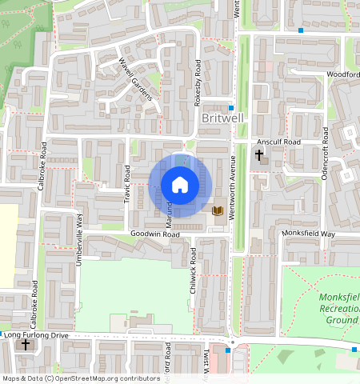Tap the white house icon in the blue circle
click(180, 185)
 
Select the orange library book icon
click(217, 210)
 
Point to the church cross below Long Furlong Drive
click(26, 345)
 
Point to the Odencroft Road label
click(326, 158)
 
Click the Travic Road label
click(127, 184)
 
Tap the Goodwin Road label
click(155, 235)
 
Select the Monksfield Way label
click(308, 233)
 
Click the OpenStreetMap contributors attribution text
click(81, 378)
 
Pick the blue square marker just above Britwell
click(231, 106)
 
